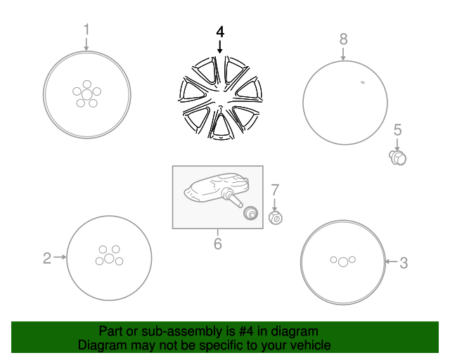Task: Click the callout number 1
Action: click(86, 30)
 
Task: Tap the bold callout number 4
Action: click(220, 32)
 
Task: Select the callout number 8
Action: click(343, 38)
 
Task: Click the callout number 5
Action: click(397, 129)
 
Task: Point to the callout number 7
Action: click(275, 188)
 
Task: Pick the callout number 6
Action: click(217, 244)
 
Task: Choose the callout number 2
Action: click(46, 258)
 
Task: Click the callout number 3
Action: click(404, 263)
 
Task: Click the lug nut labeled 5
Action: click(398, 157)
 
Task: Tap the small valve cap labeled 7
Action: click(276, 218)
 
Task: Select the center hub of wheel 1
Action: click(86, 94)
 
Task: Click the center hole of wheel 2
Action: click(109, 259)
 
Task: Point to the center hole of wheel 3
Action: click(342, 262)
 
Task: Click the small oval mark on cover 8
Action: click(363, 84)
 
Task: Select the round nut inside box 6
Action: click(248, 214)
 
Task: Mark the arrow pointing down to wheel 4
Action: click(220, 47)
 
